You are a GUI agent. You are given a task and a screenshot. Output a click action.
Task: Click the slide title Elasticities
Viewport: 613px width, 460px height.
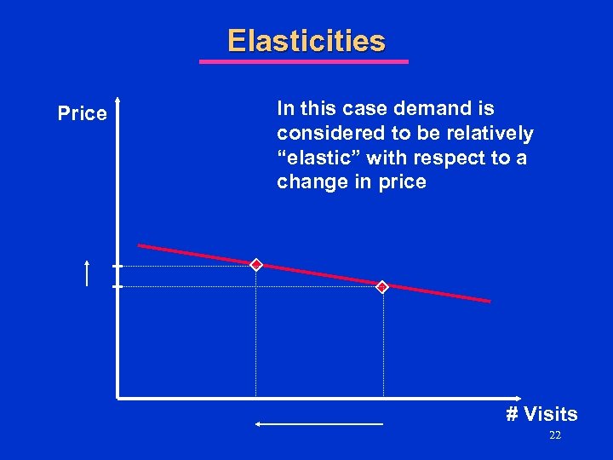pos(306,41)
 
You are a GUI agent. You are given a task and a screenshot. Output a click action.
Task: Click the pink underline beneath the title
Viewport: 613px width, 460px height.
pos(303,61)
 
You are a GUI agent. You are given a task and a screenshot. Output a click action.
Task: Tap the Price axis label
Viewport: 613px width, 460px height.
pos(83,113)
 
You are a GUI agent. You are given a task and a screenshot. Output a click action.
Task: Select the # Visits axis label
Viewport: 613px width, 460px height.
pos(541,415)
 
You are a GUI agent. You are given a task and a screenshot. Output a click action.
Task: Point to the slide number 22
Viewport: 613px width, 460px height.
pos(554,436)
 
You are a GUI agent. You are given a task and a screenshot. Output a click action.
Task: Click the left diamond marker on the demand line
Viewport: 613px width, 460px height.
pos(255,265)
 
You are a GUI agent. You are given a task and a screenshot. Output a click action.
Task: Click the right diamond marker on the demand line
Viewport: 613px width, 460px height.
pos(382,287)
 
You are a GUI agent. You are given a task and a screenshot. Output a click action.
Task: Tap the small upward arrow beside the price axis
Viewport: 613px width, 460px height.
pos(87,273)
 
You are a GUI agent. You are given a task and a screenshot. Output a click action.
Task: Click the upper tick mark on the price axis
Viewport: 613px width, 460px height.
pos(117,266)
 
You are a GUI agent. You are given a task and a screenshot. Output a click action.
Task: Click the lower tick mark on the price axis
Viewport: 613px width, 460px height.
pos(117,287)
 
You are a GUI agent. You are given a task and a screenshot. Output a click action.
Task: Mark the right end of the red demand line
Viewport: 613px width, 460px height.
pos(489,301)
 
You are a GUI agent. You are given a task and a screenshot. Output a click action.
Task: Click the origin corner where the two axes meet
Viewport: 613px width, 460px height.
pos(118,397)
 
